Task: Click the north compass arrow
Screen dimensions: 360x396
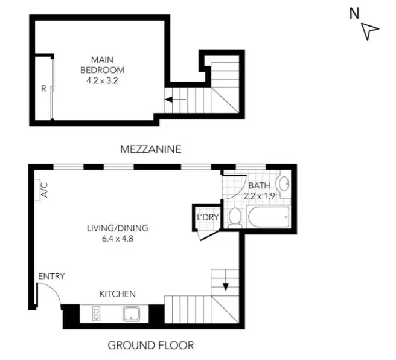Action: point(370,31)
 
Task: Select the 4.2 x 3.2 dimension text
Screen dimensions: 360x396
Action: point(102,79)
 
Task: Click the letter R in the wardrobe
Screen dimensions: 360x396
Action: point(43,88)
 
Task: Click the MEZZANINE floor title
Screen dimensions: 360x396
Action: point(150,149)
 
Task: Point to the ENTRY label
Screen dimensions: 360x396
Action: point(51,276)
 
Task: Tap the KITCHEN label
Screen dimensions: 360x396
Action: point(118,294)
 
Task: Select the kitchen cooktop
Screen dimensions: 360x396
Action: point(96,313)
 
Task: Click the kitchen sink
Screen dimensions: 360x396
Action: point(132,313)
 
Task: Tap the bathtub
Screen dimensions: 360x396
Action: point(268,217)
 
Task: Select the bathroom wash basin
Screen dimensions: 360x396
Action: point(283,184)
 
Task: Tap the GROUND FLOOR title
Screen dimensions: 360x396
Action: point(150,346)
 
